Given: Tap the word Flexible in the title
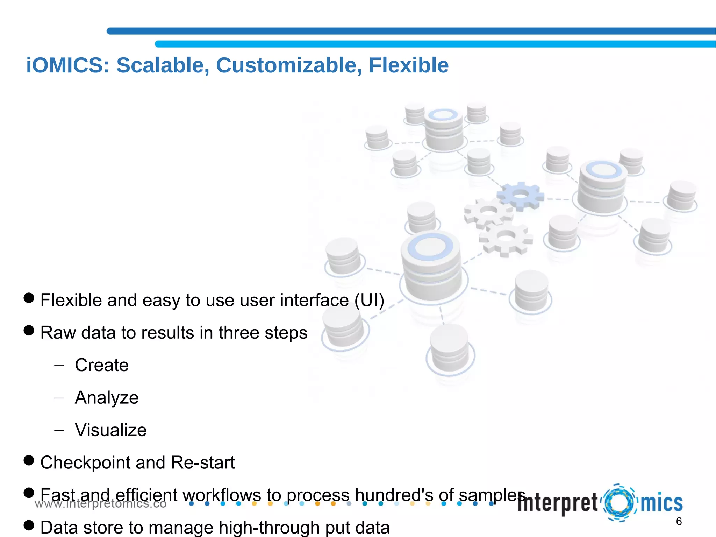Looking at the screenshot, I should pyautogui.click(x=408, y=65).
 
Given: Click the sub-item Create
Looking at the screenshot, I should pyautogui.click(x=102, y=365).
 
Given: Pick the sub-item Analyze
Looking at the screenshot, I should pyautogui.click(x=107, y=398).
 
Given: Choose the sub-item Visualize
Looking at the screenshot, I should pyautogui.click(x=111, y=430).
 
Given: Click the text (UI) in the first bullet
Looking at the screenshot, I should pyautogui.click(x=369, y=300).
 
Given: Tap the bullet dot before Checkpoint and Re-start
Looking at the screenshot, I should pyautogui.click(x=29, y=460).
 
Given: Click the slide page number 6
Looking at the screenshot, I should pyautogui.click(x=679, y=522).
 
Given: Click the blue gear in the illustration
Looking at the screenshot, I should pyautogui.click(x=521, y=196).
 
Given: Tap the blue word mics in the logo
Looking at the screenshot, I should pyautogui.click(x=661, y=503).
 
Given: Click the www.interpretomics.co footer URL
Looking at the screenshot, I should pyautogui.click(x=100, y=504).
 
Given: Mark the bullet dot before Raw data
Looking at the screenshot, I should pyautogui.click(x=29, y=330).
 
